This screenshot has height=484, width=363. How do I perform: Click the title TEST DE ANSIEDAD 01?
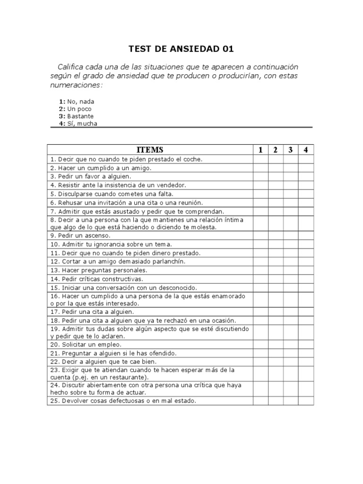click(x=181, y=49)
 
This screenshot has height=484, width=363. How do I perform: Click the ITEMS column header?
click(x=150, y=150)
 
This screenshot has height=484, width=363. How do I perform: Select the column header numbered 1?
click(x=260, y=150)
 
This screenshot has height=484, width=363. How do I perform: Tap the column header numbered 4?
click(x=306, y=150)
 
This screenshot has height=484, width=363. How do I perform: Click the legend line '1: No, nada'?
click(x=77, y=102)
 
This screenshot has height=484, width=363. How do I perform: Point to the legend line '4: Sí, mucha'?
click(x=78, y=123)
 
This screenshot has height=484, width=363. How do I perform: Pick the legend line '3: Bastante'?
click(x=76, y=116)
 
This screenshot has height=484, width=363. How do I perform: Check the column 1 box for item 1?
click(x=260, y=159)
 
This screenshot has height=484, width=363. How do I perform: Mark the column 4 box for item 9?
click(x=306, y=235)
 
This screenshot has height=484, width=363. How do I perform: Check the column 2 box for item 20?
click(x=276, y=345)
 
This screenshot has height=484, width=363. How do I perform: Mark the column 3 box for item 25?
click(x=291, y=401)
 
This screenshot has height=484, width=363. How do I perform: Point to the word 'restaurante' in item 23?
click(x=128, y=377)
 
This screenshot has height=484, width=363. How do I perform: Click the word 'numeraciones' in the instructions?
click(x=76, y=85)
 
